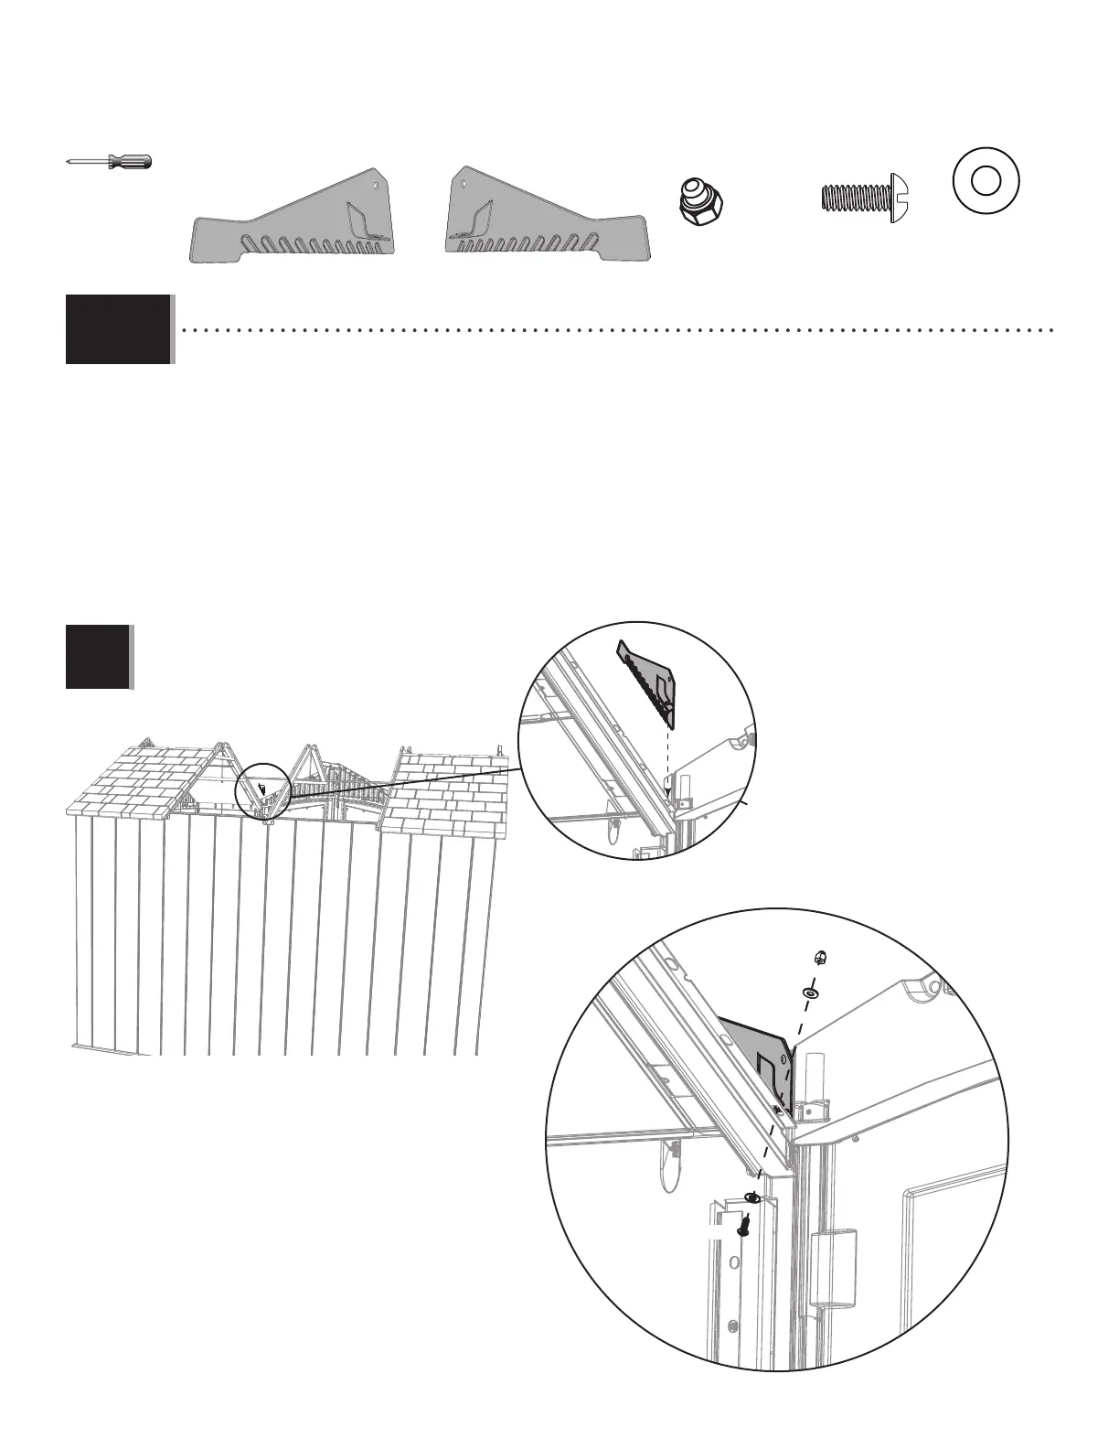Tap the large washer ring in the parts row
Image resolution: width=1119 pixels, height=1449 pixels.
(x=985, y=180)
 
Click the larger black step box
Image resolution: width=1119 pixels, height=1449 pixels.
(x=118, y=329)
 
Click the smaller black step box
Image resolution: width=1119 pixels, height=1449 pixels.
(x=97, y=657)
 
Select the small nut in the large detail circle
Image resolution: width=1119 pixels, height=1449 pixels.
(x=820, y=958)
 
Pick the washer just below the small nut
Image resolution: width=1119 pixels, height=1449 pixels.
(x=811, y=992)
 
